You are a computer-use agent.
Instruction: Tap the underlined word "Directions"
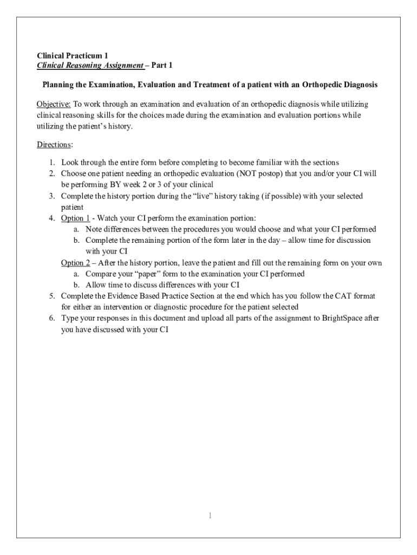(54, 145)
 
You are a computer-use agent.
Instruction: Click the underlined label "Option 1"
(75, 218)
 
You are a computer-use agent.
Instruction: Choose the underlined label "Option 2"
(75, 263)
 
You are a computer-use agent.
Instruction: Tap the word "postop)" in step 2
(269, 173)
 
